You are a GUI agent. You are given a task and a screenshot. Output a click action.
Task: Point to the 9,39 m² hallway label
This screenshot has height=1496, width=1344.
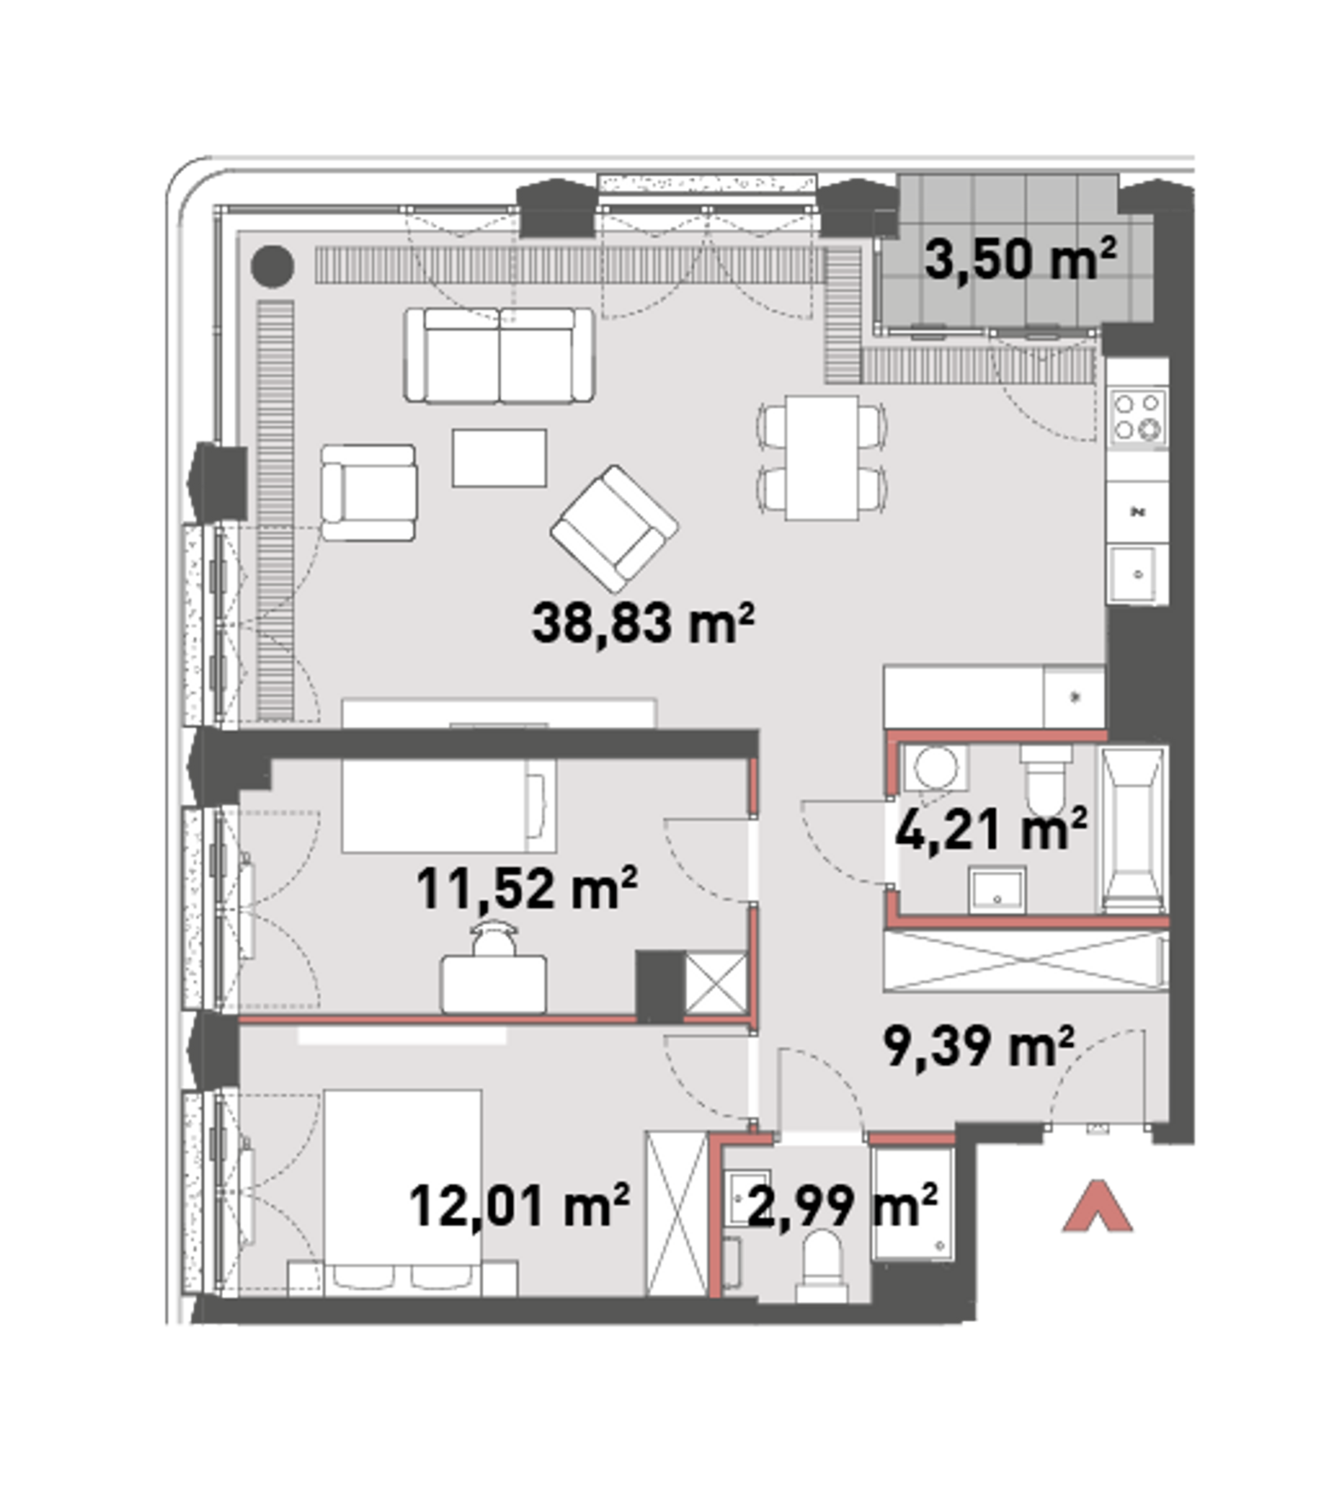[978, 1045]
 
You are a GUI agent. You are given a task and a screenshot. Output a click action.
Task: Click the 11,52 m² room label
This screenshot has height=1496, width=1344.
[526, 888]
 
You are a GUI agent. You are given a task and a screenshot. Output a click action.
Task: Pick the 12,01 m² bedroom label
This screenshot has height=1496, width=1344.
[519, 1206]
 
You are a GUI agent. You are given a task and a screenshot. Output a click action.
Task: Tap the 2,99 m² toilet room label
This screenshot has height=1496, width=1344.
[842, 1206]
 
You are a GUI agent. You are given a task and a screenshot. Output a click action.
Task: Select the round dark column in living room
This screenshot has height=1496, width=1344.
[272, 266]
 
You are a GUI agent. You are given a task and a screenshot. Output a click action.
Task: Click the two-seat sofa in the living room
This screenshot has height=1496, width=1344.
[499, 355]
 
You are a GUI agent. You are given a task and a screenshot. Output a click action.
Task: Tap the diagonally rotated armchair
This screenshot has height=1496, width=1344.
[615, 528]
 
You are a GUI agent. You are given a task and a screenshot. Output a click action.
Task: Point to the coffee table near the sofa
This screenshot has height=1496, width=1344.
[499, 458]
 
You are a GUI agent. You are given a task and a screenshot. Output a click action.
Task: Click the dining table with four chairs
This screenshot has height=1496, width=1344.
[821, 458]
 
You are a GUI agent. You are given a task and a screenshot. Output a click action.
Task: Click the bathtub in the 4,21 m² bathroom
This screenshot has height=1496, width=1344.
[1133, 830]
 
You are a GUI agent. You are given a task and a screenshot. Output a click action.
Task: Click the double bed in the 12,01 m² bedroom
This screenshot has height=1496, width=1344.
[402, 1193]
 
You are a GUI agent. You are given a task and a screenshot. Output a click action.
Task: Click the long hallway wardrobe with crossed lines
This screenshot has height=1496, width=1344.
[1026, 961]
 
